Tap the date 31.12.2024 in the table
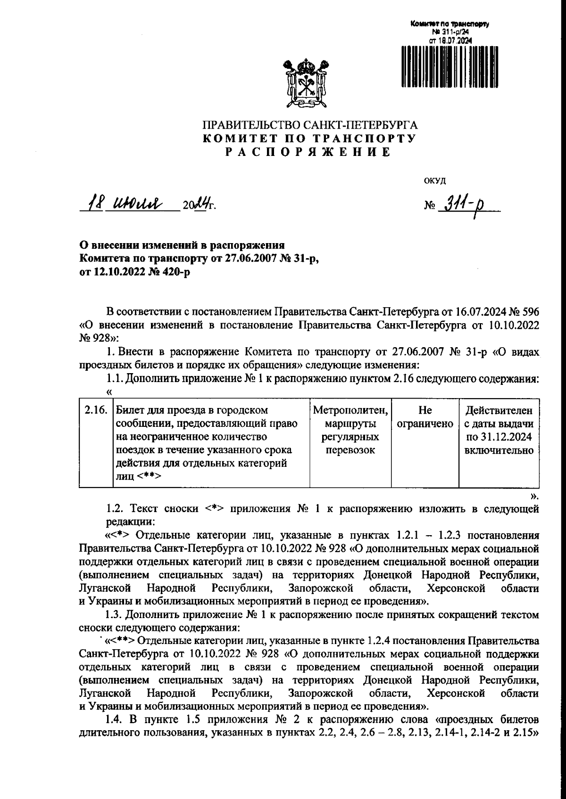click(499, 437)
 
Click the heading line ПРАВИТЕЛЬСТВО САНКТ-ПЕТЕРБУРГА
click(310, 126)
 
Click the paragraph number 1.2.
click(115, 509)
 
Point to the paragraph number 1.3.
click(115, 615)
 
